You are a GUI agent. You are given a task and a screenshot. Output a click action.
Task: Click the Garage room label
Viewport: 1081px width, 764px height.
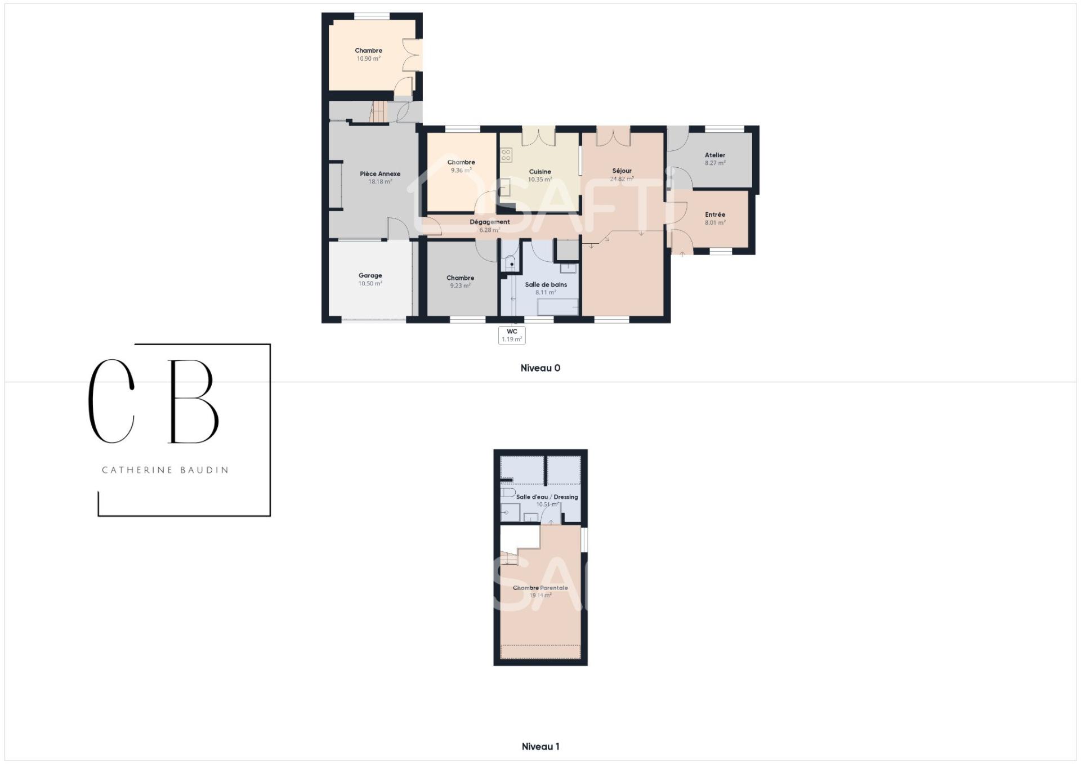point(370,275)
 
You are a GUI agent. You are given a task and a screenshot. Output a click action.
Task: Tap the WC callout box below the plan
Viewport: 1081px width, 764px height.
point(512,336)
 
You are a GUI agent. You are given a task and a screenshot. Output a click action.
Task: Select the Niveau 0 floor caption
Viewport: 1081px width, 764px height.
point(540,368)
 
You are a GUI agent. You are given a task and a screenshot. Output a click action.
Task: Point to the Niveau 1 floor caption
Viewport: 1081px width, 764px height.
point(540,747)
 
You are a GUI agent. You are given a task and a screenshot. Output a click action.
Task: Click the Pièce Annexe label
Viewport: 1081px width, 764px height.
point(380,174)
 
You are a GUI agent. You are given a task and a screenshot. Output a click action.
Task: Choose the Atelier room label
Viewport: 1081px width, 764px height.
point(715,155)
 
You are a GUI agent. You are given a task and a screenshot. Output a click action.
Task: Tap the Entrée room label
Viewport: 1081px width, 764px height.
point(715,215)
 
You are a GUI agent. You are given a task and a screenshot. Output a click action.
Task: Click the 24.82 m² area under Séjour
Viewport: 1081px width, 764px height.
point(622,179)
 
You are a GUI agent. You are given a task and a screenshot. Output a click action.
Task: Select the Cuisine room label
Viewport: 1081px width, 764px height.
point(540,172)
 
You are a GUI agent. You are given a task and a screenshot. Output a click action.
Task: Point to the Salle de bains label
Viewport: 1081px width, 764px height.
point(546,285)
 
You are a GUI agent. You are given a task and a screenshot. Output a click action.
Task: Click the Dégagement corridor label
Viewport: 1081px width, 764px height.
point(490,222)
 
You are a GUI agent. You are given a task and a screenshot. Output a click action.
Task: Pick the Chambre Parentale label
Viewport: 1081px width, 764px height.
point(540,588)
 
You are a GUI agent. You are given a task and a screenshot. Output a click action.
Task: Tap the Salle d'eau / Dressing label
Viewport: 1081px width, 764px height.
point(547,497)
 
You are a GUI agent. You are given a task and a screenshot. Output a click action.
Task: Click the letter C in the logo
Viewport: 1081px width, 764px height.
point(111,401)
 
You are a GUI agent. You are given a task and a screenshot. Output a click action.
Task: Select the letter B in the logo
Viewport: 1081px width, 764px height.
point(193,401)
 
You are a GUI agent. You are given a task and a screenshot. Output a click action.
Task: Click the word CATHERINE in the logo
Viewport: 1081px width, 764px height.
point(129,470)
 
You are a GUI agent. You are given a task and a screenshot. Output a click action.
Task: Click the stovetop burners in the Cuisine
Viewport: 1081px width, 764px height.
point(506,155)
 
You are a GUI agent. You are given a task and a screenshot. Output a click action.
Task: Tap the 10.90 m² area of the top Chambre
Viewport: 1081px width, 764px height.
point(369,59)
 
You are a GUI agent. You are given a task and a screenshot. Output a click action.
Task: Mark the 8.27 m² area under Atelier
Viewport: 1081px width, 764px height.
point(715,163)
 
